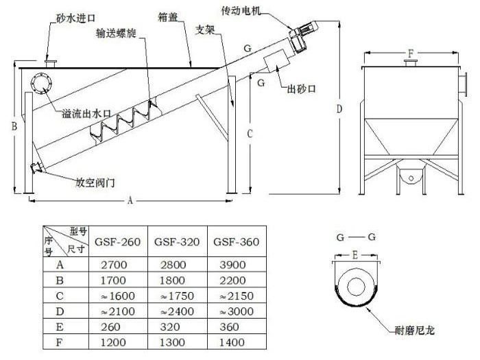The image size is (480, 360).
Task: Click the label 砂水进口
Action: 76,18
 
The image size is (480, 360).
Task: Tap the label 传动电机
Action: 241,12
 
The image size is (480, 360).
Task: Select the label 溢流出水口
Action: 86,114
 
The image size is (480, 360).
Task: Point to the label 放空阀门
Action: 95,183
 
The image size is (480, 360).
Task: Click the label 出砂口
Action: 301,89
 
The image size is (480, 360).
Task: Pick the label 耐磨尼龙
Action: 415,331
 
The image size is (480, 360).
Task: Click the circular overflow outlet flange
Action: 41,83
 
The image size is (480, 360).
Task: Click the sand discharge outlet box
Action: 277,61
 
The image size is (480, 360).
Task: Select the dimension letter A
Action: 130,200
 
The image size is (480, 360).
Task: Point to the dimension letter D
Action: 339,108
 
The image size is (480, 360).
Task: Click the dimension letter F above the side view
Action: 411,54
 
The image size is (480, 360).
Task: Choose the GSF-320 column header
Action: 177,242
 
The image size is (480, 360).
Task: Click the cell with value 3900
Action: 232,265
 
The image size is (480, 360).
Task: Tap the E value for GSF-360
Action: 229,326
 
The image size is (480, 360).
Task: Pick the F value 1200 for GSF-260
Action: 113,342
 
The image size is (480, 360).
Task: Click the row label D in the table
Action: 60,311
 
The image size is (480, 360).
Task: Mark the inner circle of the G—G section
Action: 357,287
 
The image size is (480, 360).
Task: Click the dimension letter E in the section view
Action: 355,255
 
